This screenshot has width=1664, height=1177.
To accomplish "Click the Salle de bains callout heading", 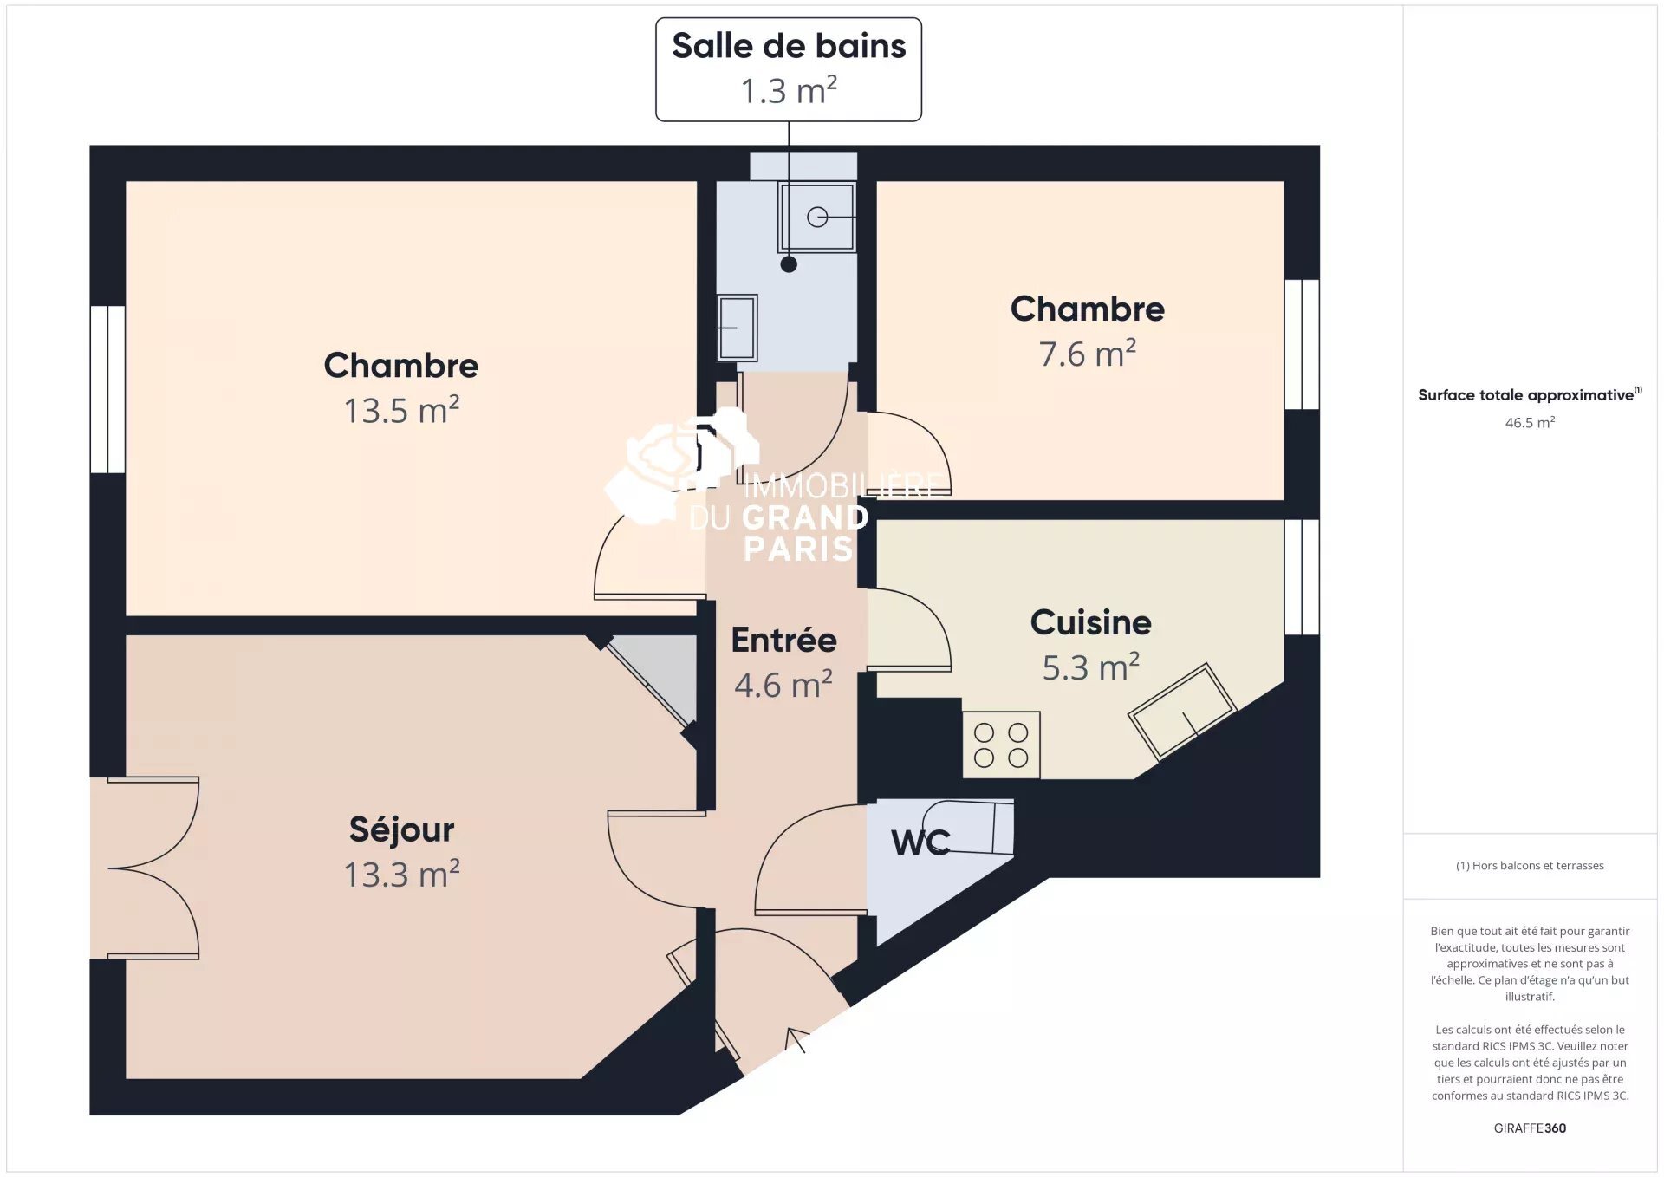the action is [x=789, y=46].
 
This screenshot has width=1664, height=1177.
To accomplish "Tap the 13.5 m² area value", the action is [x=401, y=410].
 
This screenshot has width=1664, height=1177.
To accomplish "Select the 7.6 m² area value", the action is [x=1087, y=353].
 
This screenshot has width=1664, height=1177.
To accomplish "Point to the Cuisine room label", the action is [x=1090, y=622].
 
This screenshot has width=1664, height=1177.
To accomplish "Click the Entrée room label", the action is [x=783, y=640].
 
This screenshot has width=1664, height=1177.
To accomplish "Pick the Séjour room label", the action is [x=401, y=829].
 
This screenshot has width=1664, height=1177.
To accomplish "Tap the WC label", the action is [x=920, y=842].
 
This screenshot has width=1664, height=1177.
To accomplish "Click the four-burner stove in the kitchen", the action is [x=1001, y=745].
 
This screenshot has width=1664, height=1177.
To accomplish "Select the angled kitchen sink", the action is [x=1181, y=711].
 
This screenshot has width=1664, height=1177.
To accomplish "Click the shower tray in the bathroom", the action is [x=817, y=217].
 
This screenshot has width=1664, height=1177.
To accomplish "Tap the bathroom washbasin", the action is [x=737, y=328].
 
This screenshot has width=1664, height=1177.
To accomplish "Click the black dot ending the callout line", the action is [x=789, y=264].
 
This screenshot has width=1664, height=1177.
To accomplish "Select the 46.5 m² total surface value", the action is [x=1530, y=422].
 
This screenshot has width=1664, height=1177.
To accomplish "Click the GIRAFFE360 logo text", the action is [x=1530, y=1128].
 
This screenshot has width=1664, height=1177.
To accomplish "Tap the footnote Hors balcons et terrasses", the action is [x=1530, y=865].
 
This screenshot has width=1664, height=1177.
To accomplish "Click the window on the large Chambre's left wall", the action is [x=108, y=389].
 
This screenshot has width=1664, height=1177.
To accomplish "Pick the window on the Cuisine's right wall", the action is [x=1302, y=577].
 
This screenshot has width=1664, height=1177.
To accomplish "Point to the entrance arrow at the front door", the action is [x=795, y=1039].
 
